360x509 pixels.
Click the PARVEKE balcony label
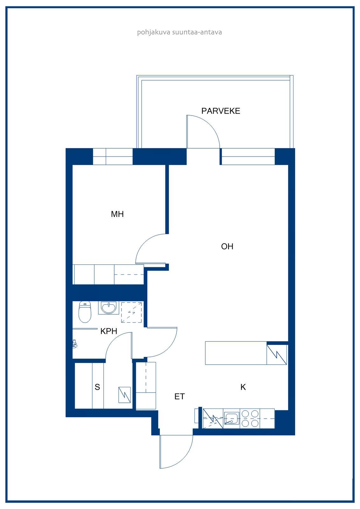[x=221, y=111]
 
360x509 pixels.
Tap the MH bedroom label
[x=117, y=214]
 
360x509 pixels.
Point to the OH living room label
[x=227, y=246]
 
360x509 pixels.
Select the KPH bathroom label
[x=109, y=331]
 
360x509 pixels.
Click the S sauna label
[x=97, y=387]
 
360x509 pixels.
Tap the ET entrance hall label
[x=180, y=396]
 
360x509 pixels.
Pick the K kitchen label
[x=243, y=387]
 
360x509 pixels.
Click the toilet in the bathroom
[x=85, y=312]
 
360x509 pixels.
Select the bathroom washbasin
[x=109, y=308]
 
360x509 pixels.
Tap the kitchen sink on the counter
[x=231, y=419]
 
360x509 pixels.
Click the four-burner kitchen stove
[x=250, y=419]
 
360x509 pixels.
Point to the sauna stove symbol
[x=124, y=395]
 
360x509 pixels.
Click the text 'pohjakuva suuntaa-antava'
[x=180, y=32]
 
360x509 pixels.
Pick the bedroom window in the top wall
[x=113, y=156]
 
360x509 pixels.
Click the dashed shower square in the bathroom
[x=131, y=312]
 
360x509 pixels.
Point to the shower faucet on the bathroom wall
[x=74, y=344]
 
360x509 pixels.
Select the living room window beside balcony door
[x=248, y=156]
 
